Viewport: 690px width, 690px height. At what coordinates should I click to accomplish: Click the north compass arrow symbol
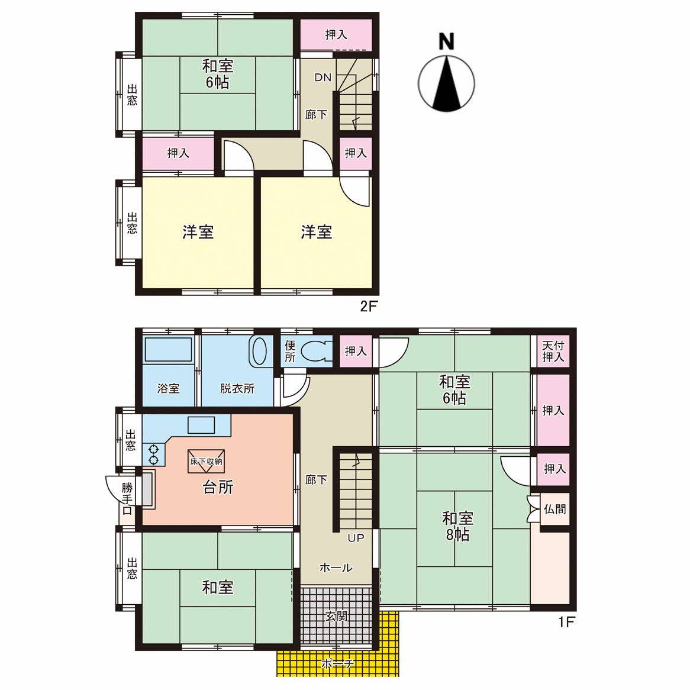point(446,83)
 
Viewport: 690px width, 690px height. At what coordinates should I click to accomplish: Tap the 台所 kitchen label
point(218,488)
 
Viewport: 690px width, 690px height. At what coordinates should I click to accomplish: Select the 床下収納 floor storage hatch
point(207,461)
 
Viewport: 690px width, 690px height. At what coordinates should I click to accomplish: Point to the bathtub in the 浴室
point(169,350)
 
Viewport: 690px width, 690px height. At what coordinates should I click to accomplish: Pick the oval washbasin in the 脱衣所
point(258,352)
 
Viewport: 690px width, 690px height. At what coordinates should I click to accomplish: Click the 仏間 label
point(555,509)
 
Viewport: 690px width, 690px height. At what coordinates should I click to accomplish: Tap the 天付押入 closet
point(553,351)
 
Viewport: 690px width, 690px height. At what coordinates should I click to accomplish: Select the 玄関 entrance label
point(337,617)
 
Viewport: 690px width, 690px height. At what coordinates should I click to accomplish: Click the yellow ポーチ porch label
point(338,663)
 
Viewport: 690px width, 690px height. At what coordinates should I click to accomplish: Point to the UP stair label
point(356,537)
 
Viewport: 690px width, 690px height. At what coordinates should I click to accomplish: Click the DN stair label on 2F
point(323,78)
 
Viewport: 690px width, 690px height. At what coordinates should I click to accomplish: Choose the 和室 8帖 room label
point(457,526)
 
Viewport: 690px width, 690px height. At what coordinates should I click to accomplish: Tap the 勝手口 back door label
point(127,499)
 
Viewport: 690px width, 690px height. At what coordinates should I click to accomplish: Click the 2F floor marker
point(369,307)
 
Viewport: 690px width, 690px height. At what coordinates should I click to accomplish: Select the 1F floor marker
point(566,622)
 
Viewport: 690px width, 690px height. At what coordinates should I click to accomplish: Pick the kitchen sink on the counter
point(201,425)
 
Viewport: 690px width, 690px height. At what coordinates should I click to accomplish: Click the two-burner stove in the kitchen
point(154,454)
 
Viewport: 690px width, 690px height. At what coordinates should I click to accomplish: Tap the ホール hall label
point(336,568)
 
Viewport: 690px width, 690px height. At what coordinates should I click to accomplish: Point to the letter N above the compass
point(446,42)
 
